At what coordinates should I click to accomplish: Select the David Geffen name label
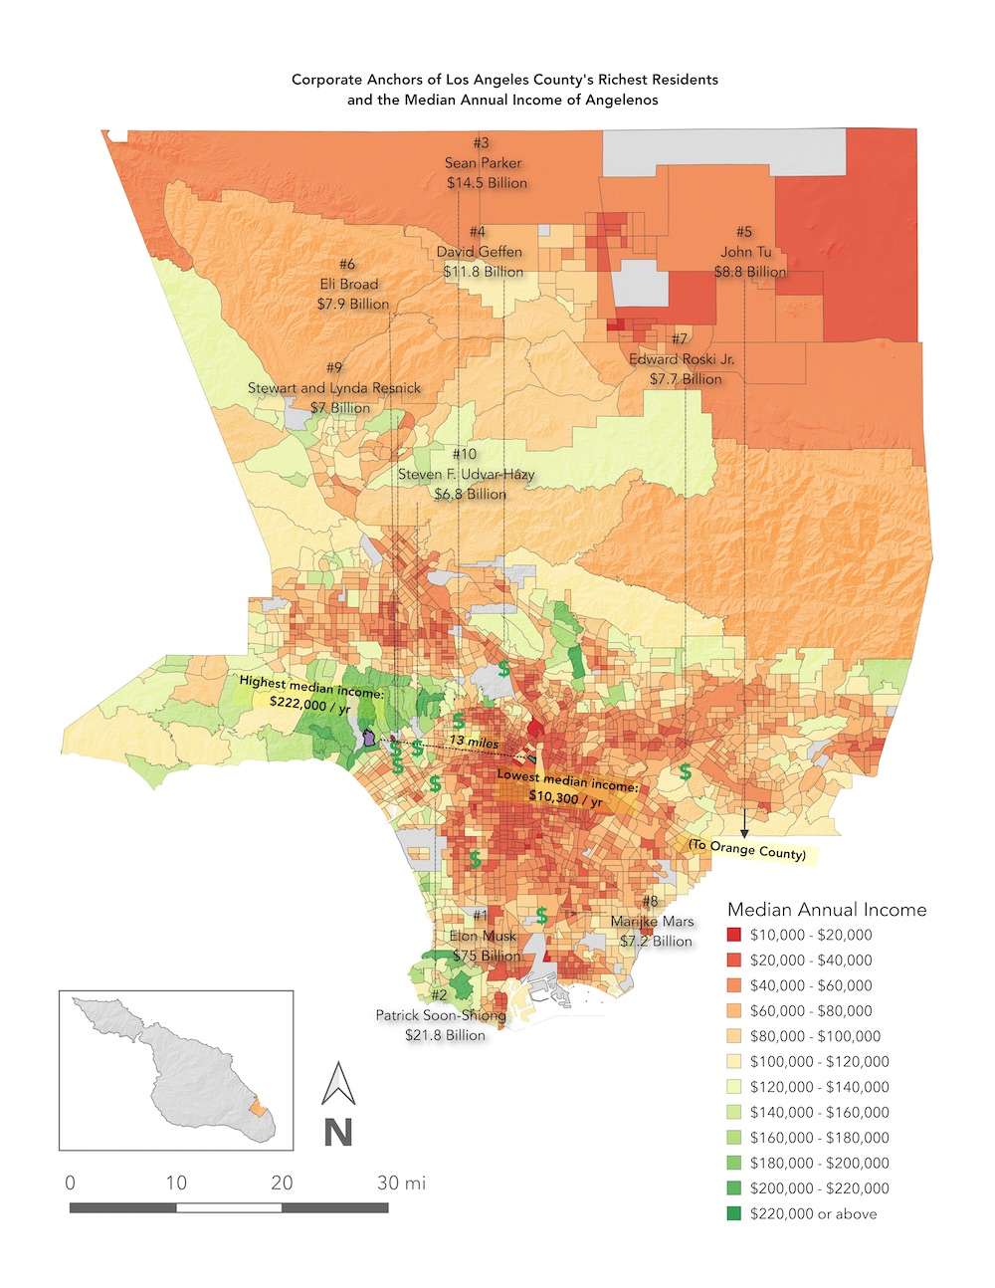[480, 252]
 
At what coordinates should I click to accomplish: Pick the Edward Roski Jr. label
[683, 359]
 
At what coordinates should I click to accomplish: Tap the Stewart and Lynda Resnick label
[334, 388]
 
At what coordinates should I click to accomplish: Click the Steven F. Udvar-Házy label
[467, 475]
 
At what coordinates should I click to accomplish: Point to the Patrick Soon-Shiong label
[441, 1016]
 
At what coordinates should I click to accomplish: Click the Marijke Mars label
[653, 922]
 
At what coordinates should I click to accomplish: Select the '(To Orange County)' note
[747, 850]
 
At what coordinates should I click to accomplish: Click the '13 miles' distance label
[474, 742]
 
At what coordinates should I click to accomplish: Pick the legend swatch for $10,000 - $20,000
[734, 935]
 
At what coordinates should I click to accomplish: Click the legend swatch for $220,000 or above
[734, 1213]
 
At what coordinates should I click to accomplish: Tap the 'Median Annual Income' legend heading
[826, 909]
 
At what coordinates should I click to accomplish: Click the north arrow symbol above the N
[338, 1085]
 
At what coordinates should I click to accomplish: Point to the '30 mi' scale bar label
[401, 1182]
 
